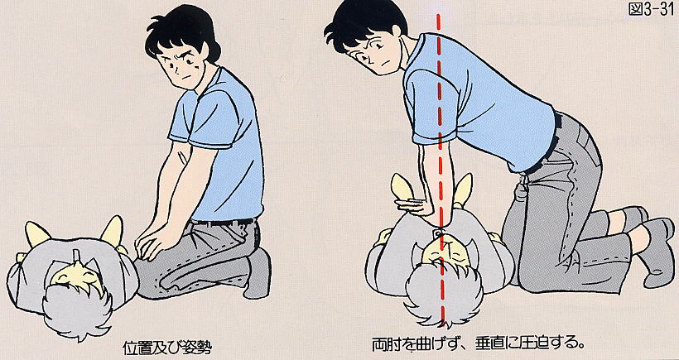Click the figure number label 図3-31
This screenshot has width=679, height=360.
tap(651, 9)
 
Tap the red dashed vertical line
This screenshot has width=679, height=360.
tap(440, 169)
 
